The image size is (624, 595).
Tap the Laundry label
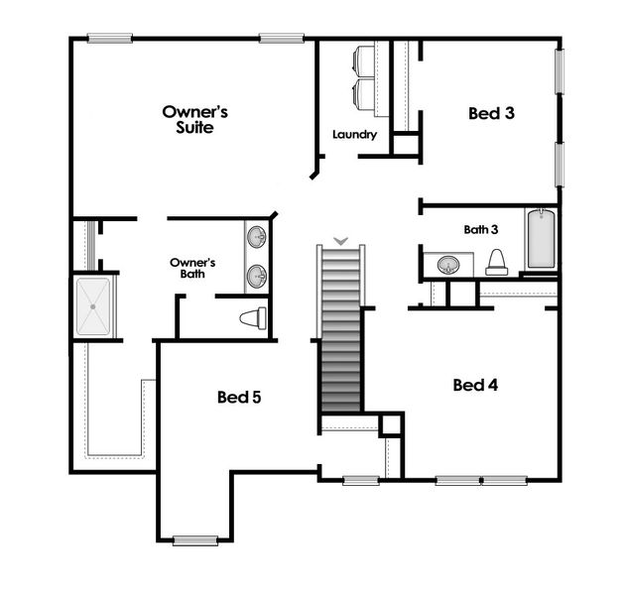(x=354, y=135)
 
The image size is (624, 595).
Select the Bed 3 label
(x=491, y=113)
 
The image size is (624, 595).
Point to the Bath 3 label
(x=481, y=229)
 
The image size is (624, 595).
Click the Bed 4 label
(x=474, y=385)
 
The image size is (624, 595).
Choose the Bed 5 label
(x=239, y=398)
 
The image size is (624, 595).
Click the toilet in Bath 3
(x=497, y=263)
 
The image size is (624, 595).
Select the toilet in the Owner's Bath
(x=255, y=319)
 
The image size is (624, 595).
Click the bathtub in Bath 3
(x=541, y=239)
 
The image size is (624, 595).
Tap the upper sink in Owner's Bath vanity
(x=257, y=237)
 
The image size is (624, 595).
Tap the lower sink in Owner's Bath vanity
(x=257, y=275)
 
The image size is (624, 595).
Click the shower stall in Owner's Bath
(x=97, y=306)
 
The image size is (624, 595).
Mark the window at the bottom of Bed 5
(x=194, y=540)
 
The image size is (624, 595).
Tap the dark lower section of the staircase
(x=340, y=377)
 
